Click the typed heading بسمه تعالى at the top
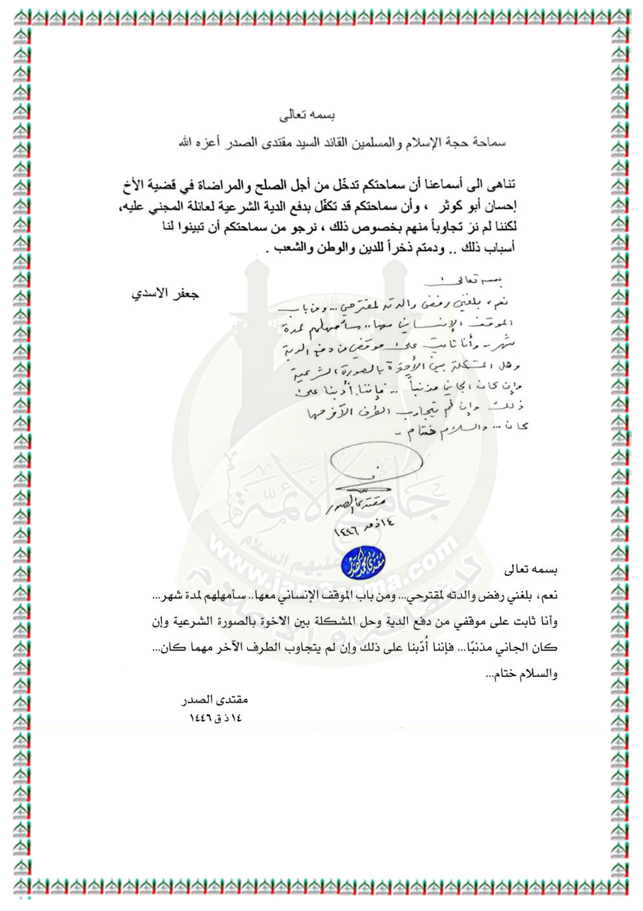coord(301,114)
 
